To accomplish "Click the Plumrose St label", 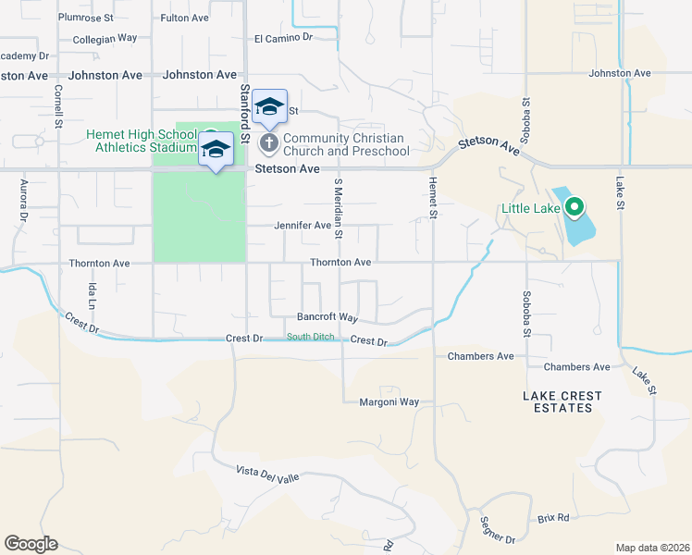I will click(85, 17).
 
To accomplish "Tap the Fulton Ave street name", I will click(184, 17).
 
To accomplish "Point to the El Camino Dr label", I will click(284, 38).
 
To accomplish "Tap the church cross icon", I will click(269, 142).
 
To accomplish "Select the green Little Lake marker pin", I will click(574, 207).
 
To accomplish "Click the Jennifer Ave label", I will click(302, 225).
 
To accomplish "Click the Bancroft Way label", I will click(327, 317).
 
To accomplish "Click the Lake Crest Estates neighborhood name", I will click(562, 401).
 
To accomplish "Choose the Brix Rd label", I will click(553, 518).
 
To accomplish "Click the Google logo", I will click(31, 543).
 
